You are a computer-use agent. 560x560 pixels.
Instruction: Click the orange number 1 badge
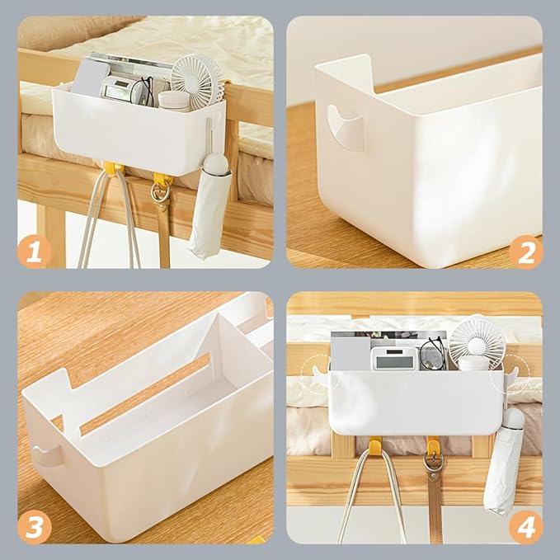[x=35, y=252]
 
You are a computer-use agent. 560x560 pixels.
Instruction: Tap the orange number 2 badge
[x=525, y=252]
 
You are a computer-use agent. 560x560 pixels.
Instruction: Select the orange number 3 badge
[x=35, y=527]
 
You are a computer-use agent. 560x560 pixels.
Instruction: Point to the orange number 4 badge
[x=525, y=527]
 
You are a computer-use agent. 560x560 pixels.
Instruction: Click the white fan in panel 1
[x=196, y=82]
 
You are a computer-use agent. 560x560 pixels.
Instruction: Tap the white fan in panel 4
[x=477, y=341]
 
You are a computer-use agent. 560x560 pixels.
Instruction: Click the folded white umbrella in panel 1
[x=209, y=205]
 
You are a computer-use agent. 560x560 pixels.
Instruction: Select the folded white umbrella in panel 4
[x=504, y=461]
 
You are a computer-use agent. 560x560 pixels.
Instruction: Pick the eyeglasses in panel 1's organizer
[x=143, y=92]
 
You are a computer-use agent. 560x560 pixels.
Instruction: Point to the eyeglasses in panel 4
[x=433, y=354]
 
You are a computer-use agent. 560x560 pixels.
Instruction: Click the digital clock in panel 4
[x=394, y=358]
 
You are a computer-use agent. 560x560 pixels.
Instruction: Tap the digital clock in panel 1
[x=118, y=89]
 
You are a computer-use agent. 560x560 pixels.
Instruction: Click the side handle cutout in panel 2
[x=346, y=128]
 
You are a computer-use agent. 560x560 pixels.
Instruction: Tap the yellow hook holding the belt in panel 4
[x=433, y=444]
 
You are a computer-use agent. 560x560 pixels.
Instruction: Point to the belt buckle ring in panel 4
[x=433, y=463]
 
